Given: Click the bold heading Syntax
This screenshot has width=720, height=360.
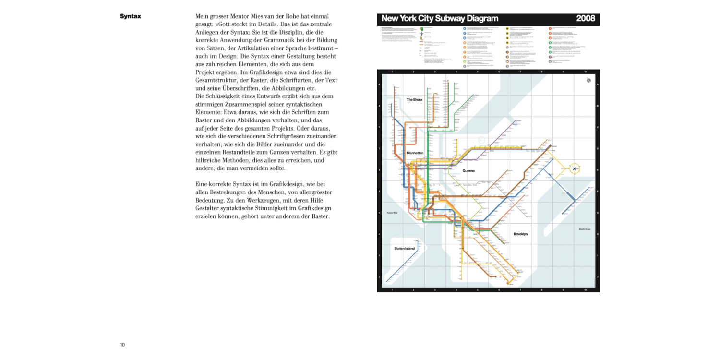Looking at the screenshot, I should (x=130, y=16).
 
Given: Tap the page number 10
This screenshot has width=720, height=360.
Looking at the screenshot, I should (x=122, y=345).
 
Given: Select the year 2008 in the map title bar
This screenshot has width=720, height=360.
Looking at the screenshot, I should (x=586, y=19).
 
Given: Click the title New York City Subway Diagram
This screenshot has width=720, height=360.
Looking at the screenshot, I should (x=440, y=19).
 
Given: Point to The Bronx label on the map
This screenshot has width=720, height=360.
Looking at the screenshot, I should (x=414, y=99).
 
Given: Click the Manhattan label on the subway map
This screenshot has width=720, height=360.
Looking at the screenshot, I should (x=415, y=153).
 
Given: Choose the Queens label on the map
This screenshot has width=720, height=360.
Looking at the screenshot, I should (x=468, y=170).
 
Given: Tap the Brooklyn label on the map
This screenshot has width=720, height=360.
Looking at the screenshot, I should (x=520, y=234).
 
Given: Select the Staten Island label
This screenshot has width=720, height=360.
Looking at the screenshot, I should (x=404, y=248).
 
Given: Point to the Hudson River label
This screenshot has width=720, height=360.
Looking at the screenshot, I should (x=392, y=212).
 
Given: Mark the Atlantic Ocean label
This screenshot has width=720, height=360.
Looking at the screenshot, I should (x=584, y=229).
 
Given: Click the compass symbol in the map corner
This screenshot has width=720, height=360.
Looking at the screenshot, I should (x=588, y=81).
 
